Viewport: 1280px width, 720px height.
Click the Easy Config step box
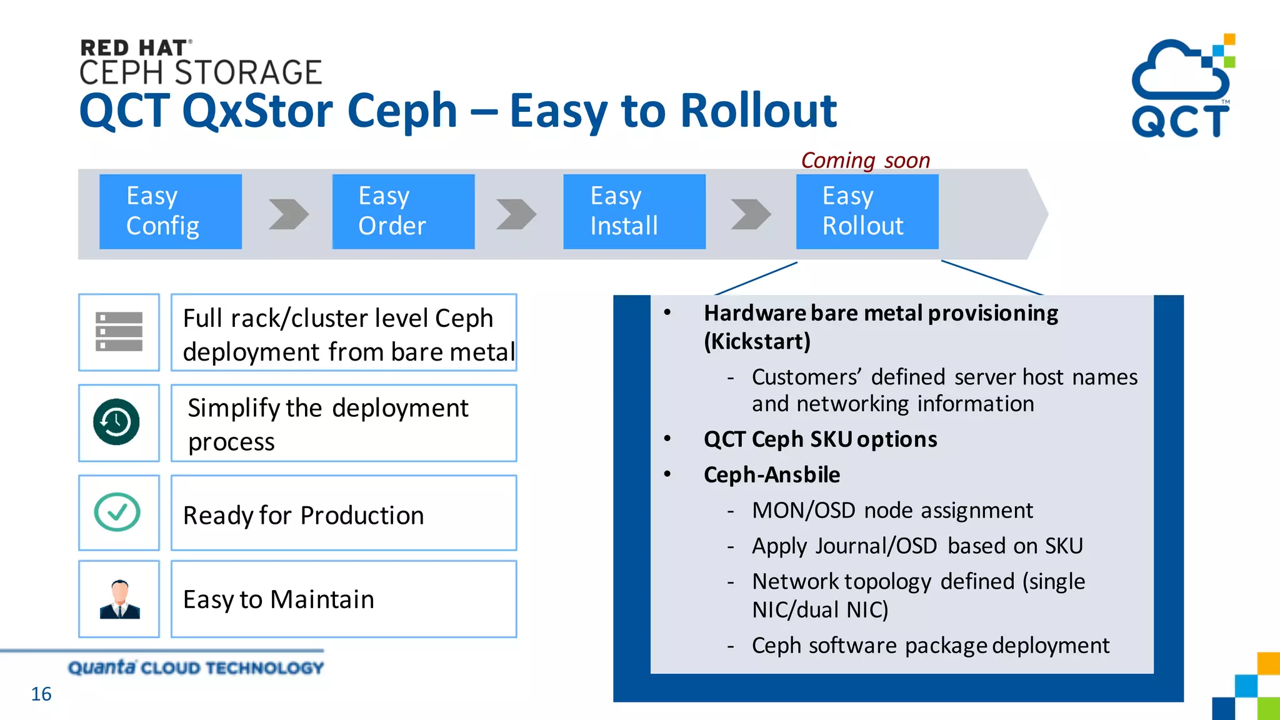click(x=170, y=211)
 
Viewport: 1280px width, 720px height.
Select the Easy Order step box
click(x=403, y=211)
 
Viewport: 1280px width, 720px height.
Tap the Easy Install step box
click(x=634, y=211)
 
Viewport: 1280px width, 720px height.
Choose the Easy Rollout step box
click(x=867, y=211)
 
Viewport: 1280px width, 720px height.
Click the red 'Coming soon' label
click(x=865, y=161)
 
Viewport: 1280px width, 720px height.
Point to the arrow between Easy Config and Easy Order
click(x=288, y=214)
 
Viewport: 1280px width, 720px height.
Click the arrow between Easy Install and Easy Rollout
click(x=750, y=214)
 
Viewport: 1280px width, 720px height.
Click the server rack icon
click(x=119, y=332)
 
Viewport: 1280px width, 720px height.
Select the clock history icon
click(x=117, y=422)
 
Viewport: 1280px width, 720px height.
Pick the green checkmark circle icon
click(x=117, y=512)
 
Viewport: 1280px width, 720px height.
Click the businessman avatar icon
click(x=119, y=599)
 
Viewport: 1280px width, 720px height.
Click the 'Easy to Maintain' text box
click(x=343, y=599)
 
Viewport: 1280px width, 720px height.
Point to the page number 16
click(x=41, y=694)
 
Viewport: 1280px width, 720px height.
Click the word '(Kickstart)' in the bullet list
click(x=757, y=342)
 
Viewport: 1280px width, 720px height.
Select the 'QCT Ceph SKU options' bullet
click(x=820, y=439)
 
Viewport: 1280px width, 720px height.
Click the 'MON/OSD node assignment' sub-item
click(x=892, y=511)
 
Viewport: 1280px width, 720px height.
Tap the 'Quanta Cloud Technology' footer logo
click(x=196, y=667)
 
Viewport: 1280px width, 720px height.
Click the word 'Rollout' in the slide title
click(x=758, y=111)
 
